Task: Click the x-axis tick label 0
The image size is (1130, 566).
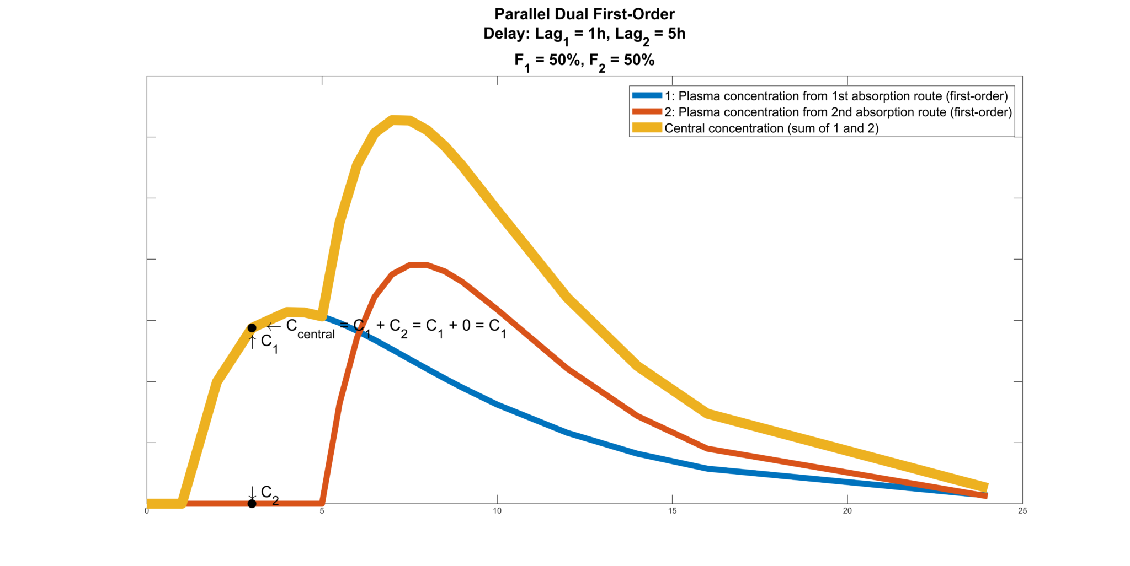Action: click(147, 511)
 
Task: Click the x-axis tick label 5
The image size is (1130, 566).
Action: click(322, 511)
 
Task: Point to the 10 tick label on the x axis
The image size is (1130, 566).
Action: click(497, 511)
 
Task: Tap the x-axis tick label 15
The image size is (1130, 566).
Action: click(672, 511)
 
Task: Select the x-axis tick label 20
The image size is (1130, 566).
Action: click(847, 511)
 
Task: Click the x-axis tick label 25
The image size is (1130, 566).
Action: click(1022, 511)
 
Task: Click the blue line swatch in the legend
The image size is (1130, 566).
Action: click(647, 96)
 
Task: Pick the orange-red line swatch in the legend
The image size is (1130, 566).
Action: click(647, 112)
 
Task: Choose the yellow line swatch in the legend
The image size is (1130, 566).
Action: click(647, 128)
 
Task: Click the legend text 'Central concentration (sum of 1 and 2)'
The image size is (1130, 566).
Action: click(771, 128)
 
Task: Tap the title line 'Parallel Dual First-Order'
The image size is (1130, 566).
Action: click(584, 14)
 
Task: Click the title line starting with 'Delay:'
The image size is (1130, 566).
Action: click(584, 34)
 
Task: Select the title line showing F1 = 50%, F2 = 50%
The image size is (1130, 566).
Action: click(584, 60)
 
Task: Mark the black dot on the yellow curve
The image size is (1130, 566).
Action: click(252, 328)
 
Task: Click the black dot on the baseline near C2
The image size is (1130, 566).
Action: click(252, 503)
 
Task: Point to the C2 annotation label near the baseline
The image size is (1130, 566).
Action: click(269, 494)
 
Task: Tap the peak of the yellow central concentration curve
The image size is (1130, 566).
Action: click(400, 120)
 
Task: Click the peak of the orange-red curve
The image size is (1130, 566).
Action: click(418, 265)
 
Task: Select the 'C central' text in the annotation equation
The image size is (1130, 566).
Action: click(310, 328)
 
